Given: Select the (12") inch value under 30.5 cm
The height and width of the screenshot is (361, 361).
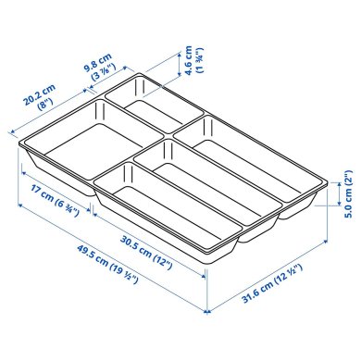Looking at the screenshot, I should pyautogui.click(x=162, y=246).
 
